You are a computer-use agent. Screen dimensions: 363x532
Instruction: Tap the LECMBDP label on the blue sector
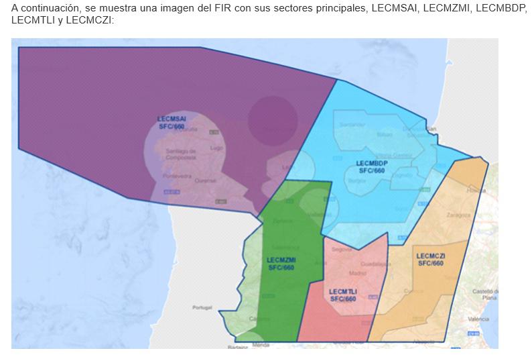372,166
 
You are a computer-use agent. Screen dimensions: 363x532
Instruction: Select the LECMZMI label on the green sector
281,263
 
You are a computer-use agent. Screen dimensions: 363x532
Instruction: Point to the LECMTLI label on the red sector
343,295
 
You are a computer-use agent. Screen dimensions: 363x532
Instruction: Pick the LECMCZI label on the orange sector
431,260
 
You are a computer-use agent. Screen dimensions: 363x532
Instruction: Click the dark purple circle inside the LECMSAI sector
273,120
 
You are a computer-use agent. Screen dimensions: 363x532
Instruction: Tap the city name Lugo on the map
216,147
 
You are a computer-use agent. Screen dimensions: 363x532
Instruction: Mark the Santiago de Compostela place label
181,154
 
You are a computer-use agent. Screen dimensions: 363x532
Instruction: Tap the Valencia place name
478,319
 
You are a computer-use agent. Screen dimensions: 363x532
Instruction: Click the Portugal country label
202,307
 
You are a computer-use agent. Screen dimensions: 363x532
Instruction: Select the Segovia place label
342,249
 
